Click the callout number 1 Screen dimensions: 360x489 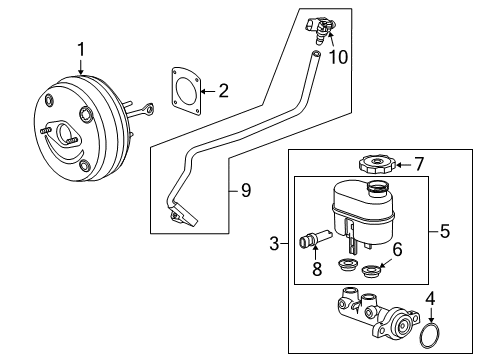pos(82,47)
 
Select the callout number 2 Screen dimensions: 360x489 pos(222,92)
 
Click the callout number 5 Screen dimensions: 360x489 pos(445,231)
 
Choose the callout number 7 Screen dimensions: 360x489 pos(420,163)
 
